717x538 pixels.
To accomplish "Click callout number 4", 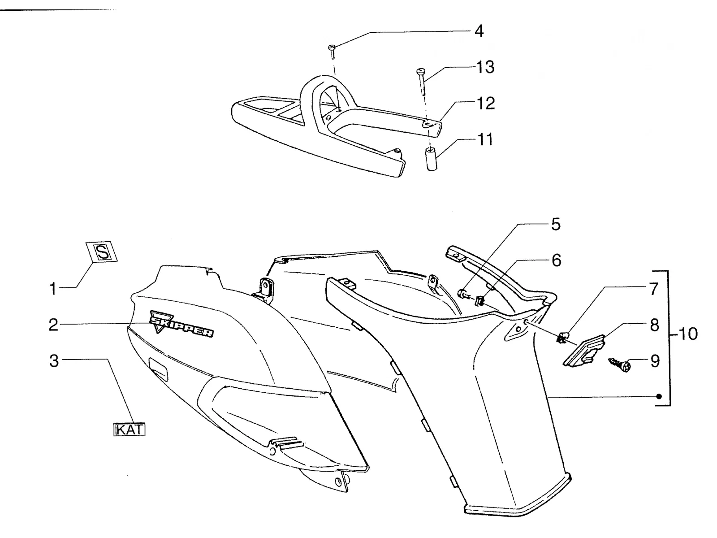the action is (479, 31).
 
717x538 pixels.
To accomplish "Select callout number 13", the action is (485, 67).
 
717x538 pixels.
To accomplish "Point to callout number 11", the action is (485, 139).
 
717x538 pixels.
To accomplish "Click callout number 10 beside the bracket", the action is (688, 334).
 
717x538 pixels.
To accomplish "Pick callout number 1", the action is (52, 289).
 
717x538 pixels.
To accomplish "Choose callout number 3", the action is (54, 360).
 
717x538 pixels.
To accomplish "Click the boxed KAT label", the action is (130, 429).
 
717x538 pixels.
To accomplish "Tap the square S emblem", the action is (102, 252).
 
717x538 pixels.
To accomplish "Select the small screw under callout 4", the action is (332, 52).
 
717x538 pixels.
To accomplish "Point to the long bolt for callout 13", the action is (422, 81).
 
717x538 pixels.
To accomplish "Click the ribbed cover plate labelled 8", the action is (584, 350).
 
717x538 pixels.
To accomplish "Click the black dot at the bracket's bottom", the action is (659, 396).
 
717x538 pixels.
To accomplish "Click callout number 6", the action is (556, 260).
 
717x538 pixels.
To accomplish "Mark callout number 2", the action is (53, 325).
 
